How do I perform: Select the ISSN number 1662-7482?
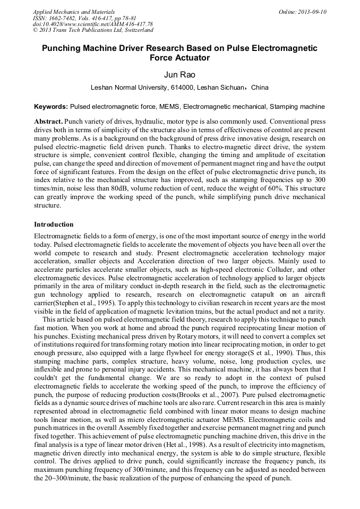[64, 18]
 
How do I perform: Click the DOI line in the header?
[92, 24]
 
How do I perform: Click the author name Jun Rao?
[180, 75]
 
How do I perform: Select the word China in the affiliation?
[260, 88]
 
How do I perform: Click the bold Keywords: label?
[51, 107]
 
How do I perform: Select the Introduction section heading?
[54, 225]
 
